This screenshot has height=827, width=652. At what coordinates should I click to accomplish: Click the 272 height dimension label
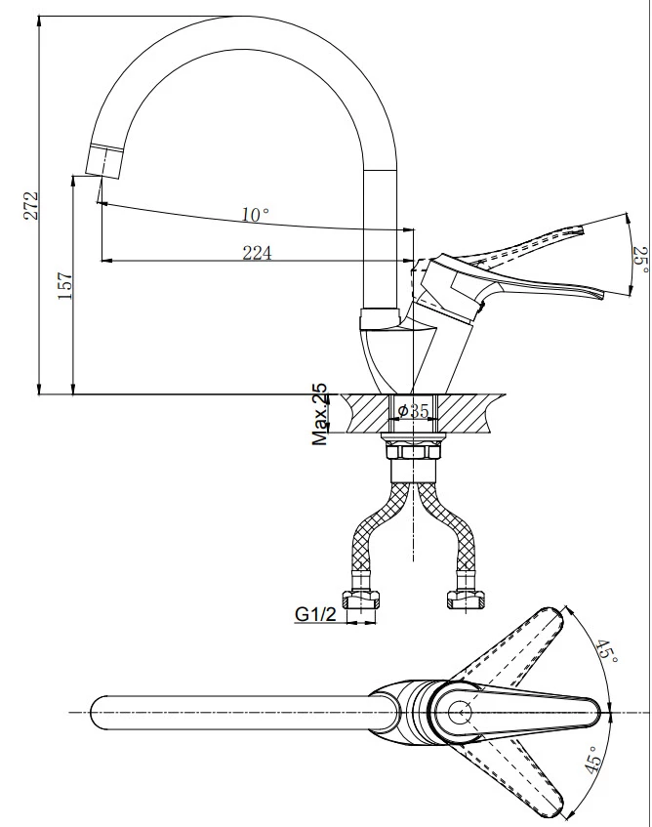[x=31, y=205]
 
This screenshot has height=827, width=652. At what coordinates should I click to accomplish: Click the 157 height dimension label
[x=64, y=286]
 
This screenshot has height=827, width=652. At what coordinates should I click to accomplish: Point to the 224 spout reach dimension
[x=258, y=253]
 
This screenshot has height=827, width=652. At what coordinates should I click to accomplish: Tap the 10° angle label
[x=255, y=215]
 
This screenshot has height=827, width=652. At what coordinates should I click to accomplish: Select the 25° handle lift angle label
[x=641, y=260]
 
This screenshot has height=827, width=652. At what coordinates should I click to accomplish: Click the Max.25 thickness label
[x=319, y=415]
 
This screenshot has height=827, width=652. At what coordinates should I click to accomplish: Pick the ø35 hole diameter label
[x=414, y=411]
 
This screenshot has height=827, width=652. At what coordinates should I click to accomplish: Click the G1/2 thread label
[x=315, y=614]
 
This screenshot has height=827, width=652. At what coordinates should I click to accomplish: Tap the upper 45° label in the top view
[x=607, y=652]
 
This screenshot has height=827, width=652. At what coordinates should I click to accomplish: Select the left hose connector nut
[x=361, y=600]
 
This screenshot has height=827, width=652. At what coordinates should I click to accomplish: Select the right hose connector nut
[x=466, y=600]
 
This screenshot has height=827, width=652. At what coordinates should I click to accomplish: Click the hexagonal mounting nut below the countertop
[x=413, y=452]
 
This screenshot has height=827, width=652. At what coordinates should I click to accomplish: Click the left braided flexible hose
[x=377, y=533]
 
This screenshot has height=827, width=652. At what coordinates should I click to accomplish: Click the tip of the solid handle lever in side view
[x=601, y=295]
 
